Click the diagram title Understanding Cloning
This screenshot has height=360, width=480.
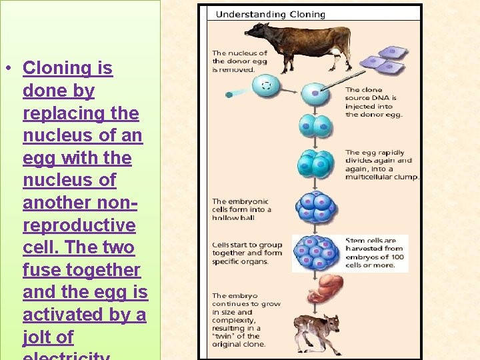click(x=271, y=14)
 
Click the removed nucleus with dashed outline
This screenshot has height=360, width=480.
click(x=267, y=85)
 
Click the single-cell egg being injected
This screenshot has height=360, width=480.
click(x=313, y=94)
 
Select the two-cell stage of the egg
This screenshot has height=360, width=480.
click(x=313, y=126)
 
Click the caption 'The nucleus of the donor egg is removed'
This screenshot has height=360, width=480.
click(x=239, y=61)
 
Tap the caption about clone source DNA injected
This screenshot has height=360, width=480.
click(x=373, y=102)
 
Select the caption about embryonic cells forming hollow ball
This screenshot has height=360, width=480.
click(x=241, y=209)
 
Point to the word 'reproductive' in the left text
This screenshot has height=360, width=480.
click(x=79, y=225)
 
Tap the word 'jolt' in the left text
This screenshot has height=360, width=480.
click(x=39, y=337)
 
